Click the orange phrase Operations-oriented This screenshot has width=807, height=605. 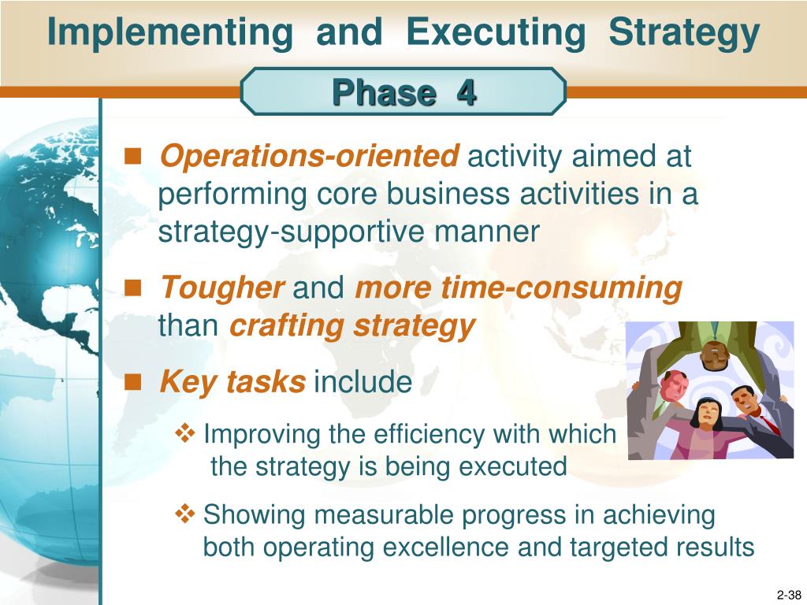pos(308,157)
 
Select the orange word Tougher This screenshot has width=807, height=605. pos(222,288)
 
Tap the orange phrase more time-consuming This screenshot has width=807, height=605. pos(519,288)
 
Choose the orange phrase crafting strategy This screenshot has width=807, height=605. pos(352,325)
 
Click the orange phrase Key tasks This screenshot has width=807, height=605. pos(232,383)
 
